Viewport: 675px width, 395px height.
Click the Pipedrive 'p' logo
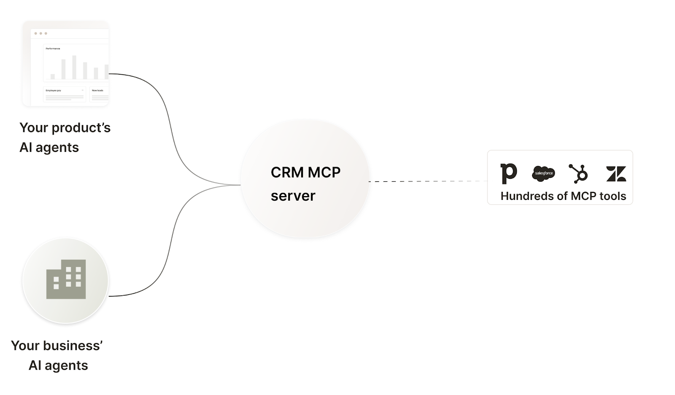[508, 173]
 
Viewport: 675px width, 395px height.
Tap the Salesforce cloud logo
[543, 173]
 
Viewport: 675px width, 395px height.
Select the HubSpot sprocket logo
[578, 174]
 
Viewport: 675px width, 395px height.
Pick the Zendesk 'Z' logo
[616, 174]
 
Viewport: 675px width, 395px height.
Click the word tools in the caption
[613, 196]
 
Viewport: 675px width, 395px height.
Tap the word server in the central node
[293, 196]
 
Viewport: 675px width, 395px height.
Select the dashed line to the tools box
[426, 182]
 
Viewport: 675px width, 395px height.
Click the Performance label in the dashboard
[53, 49]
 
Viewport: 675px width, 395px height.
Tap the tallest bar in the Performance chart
[74, 67]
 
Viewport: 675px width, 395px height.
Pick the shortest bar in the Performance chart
[53, 76]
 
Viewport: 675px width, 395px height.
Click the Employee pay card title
[54, 91]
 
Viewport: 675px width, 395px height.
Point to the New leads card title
[97, 91]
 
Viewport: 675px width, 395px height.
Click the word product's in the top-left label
[81, 128]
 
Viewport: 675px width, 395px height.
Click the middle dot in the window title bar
[41, 33]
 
